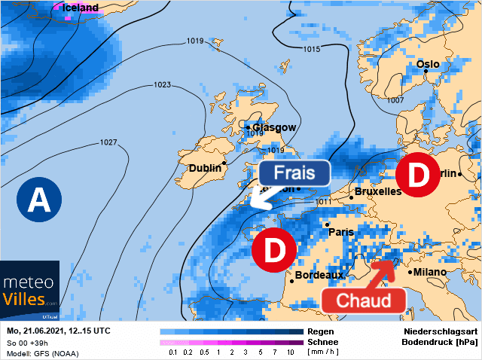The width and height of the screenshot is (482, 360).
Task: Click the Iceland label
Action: point(79,8)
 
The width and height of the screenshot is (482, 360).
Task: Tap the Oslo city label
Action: point(428,64)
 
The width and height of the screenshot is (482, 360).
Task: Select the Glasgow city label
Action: point(274,127)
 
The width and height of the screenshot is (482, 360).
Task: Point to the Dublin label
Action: point(205,168)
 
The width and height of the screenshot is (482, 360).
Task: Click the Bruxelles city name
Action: point(377,191)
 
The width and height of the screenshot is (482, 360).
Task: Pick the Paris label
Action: point(341,232)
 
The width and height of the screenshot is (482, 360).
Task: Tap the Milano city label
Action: point(429,272)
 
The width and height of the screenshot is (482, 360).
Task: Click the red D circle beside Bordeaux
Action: point(273,249)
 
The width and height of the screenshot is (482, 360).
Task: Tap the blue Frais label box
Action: point(294,172)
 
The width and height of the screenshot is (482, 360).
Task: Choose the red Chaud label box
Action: point(364,301)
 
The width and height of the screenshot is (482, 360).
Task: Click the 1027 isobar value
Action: point(108,142)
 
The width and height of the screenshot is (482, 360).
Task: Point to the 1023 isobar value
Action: point(162,84)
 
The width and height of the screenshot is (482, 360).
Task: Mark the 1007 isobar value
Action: point(395,99)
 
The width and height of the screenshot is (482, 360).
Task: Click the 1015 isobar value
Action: point(311,49)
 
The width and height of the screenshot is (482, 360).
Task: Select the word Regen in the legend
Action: point(321,331)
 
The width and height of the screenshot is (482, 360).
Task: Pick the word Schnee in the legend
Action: point(325,341)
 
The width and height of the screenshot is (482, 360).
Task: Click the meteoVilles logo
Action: point(30,289)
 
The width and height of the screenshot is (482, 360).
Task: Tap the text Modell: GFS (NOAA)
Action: point(44,352)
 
